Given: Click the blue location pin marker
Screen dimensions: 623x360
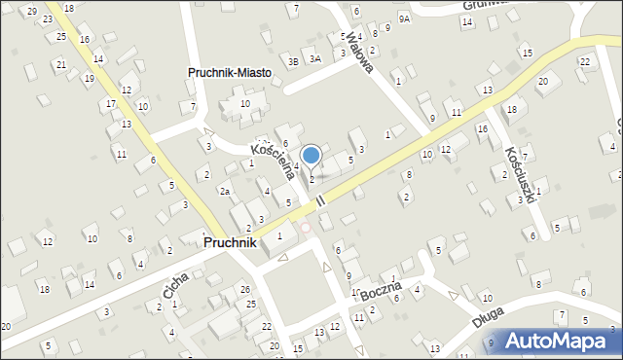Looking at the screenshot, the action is pyautogui.click(x=311, y=156).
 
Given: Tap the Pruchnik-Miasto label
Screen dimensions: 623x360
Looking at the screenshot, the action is pyautogui.click(x=230, y=73).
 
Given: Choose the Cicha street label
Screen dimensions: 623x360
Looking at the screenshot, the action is pyautogui.click(x=176, y=284).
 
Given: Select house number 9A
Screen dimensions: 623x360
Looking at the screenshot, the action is pyautogui.click(x=405, y=18).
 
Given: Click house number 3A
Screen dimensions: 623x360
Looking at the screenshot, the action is pyautogui.click(x=315, y=58).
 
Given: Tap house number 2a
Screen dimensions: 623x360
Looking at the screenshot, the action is pyautogui.click(x=224, y=192).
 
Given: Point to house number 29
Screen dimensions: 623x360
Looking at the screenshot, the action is pyautogui.click(x=32, y=11).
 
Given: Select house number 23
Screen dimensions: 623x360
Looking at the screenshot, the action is pyautogui.click(x=47, y=18).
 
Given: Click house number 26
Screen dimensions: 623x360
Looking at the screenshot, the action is pyautogui.click(x=245, y=290).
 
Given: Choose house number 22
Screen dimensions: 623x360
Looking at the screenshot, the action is pyautogui.click(x=585, y=61).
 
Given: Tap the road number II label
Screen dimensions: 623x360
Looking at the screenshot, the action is pyautogui.click(x=320, y=199).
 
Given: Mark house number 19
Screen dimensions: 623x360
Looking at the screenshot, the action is pyautogui.click(x=89, y=78).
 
